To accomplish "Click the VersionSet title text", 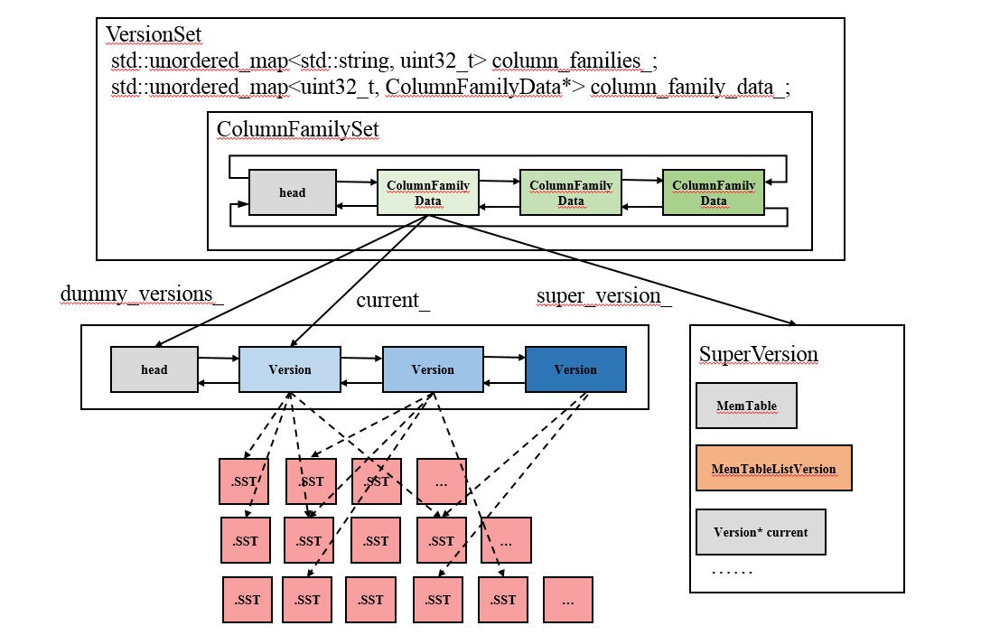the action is [154, 34].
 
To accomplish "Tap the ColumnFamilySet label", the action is [298, 129].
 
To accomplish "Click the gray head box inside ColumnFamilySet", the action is [292, 192].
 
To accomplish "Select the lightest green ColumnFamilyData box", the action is [428, 192].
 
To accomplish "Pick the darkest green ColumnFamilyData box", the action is [714, 192].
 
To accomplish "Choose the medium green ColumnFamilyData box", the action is [571, 192].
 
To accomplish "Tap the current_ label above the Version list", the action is [393, 300].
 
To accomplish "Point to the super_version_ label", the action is [603, 296].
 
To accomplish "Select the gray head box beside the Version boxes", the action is [154, 369].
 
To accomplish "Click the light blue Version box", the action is [290, 369].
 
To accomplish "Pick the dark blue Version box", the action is [575, 369].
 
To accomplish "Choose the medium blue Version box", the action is [433, 369].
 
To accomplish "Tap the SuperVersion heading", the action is [758, 354].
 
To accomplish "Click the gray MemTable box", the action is [746, 406].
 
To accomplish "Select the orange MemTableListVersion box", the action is [774, 468].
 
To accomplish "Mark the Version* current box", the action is [761, 532].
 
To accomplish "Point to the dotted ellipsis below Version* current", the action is [732, 572].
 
